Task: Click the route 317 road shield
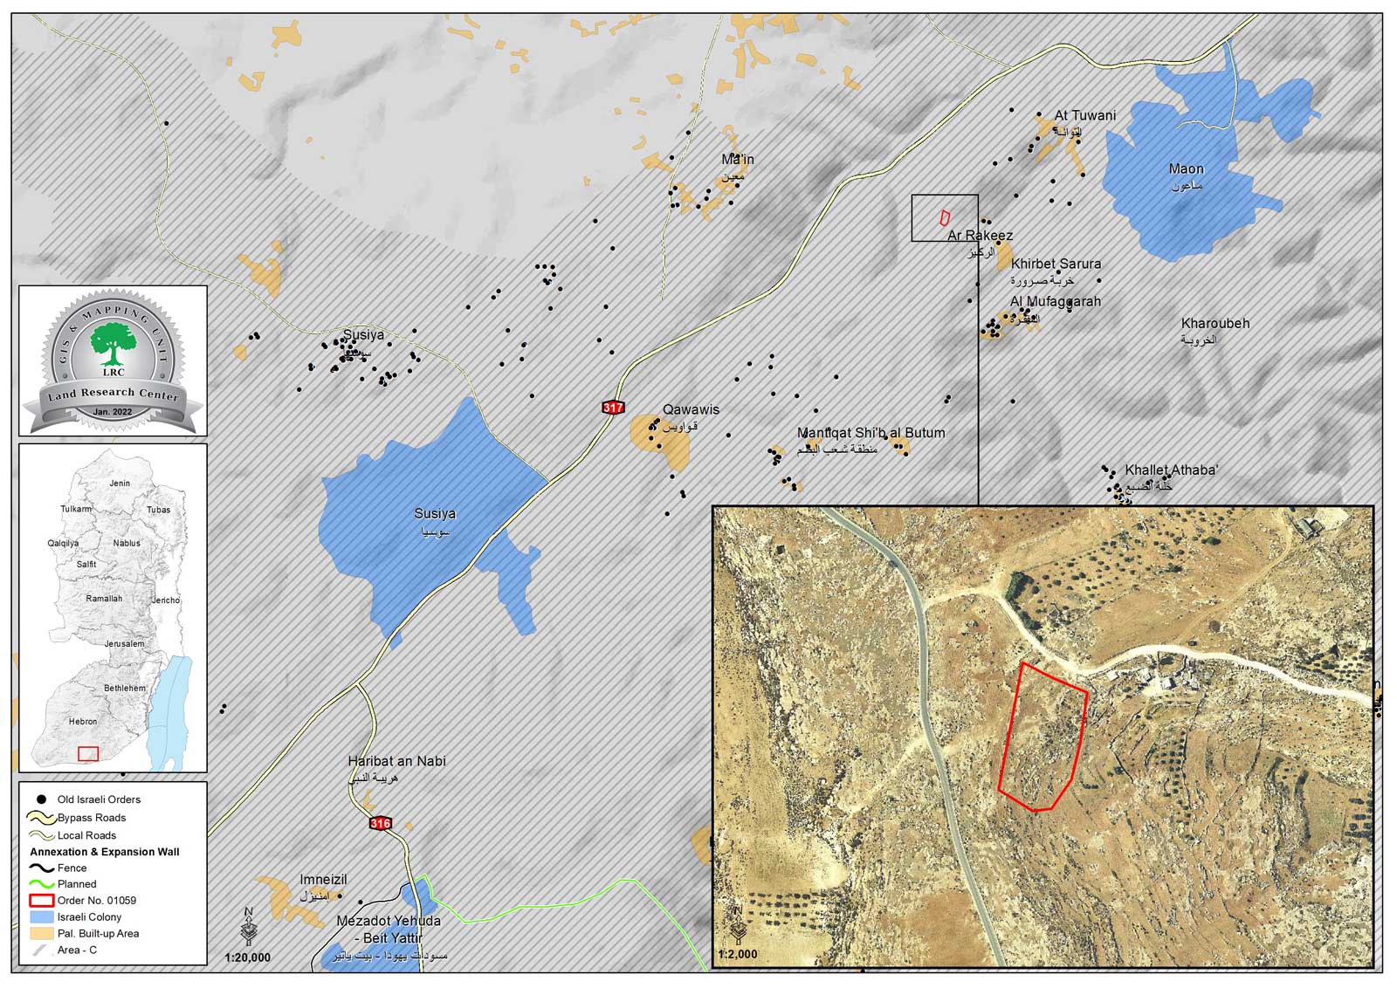(613, 408)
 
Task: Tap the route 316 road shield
(380, 823)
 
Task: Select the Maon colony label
(1186, 169)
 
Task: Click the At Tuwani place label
(1084, 115)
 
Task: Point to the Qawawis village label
(691, 409)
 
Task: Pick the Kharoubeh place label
(1215, 324)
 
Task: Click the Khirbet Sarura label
(1056, 264)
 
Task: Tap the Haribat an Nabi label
(396, 761)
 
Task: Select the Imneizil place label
(323, 880)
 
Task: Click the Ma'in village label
(737, 160)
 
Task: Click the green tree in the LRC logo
(113, 342)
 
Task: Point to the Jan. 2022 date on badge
(113, 412)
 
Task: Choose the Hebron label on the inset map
(83, 722)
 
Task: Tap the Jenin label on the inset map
(120, 483)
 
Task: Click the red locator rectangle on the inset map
(88, 754)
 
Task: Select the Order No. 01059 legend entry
(96, 900)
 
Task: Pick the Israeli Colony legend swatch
(42, 917)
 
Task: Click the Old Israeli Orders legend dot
(41, 799)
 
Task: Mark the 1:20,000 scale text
(247, 957)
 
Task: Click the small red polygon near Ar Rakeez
(944, 216)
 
